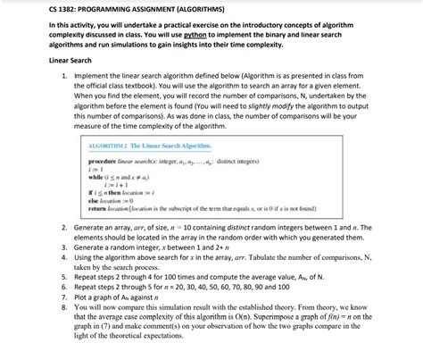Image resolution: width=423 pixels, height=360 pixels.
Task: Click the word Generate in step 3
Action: point(94,247)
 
